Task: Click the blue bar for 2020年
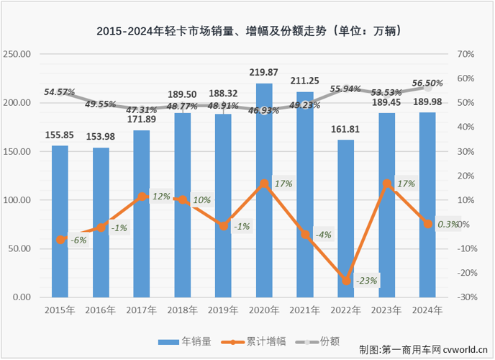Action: (264, 191)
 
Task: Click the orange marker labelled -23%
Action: (346, 281)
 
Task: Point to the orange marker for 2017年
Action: (142, 196)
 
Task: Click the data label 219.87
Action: (264, 73)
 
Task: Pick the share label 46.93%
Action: (264, 110)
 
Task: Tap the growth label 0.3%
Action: (448, 225)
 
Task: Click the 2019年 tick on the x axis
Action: (223, 310)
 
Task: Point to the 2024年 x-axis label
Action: (427, 310)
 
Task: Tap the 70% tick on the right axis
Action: (465, 55)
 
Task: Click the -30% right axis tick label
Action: (465, 297)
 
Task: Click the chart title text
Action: (248, 32)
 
